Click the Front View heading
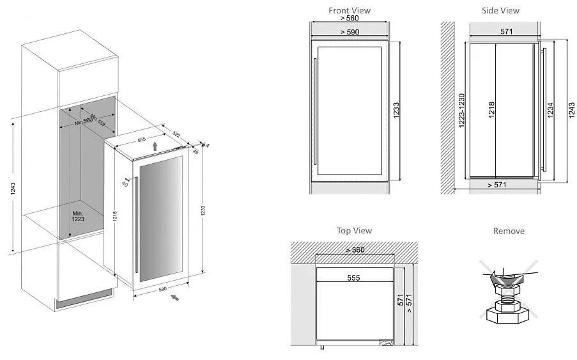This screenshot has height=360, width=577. tap(349, 10)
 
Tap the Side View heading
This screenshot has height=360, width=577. tap(500, 10)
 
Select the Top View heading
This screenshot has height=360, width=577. tap(354, 230)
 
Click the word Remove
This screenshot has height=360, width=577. tap(509, 231)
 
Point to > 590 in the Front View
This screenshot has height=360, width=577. tap(349, 31)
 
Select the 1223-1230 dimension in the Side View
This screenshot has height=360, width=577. tap(461, 110)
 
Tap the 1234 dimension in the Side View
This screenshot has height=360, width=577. tap(550, 110)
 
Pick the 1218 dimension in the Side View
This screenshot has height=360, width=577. tap(491, 110)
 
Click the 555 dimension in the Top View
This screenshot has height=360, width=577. tap(354, 278)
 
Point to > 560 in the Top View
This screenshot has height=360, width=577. tap(354, 250)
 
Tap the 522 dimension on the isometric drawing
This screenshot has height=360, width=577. tap(176, 133)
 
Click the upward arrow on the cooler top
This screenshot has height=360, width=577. tap(155, 147)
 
